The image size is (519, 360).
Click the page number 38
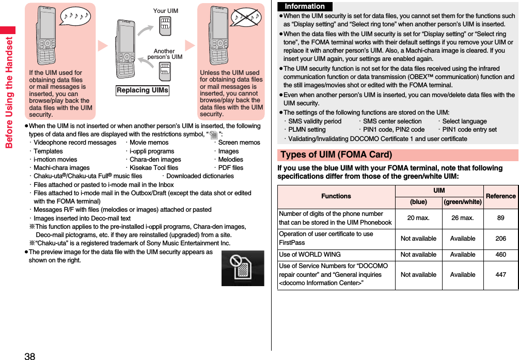(29, 356)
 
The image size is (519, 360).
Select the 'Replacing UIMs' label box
(143, 90)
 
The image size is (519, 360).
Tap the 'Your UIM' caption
(165, 11)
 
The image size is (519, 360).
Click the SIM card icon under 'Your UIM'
(165, 26)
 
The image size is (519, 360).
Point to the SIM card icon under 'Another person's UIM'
(165, 71)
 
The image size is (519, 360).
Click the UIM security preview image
(243, 268)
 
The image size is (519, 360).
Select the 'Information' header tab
(305, 7)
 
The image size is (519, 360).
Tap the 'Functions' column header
(336, 196)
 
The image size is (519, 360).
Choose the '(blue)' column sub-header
(418, 202)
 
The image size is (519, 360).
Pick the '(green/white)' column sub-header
(463, 202)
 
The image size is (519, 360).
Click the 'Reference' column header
(500, 196)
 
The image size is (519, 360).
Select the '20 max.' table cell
(418, 218)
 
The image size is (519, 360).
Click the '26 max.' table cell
(463, 218)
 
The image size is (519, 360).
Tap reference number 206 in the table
(500, 239)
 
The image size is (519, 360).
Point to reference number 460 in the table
(500, 255)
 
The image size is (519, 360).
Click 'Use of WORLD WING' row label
(310, 255)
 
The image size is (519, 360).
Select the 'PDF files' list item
(230, 168)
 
